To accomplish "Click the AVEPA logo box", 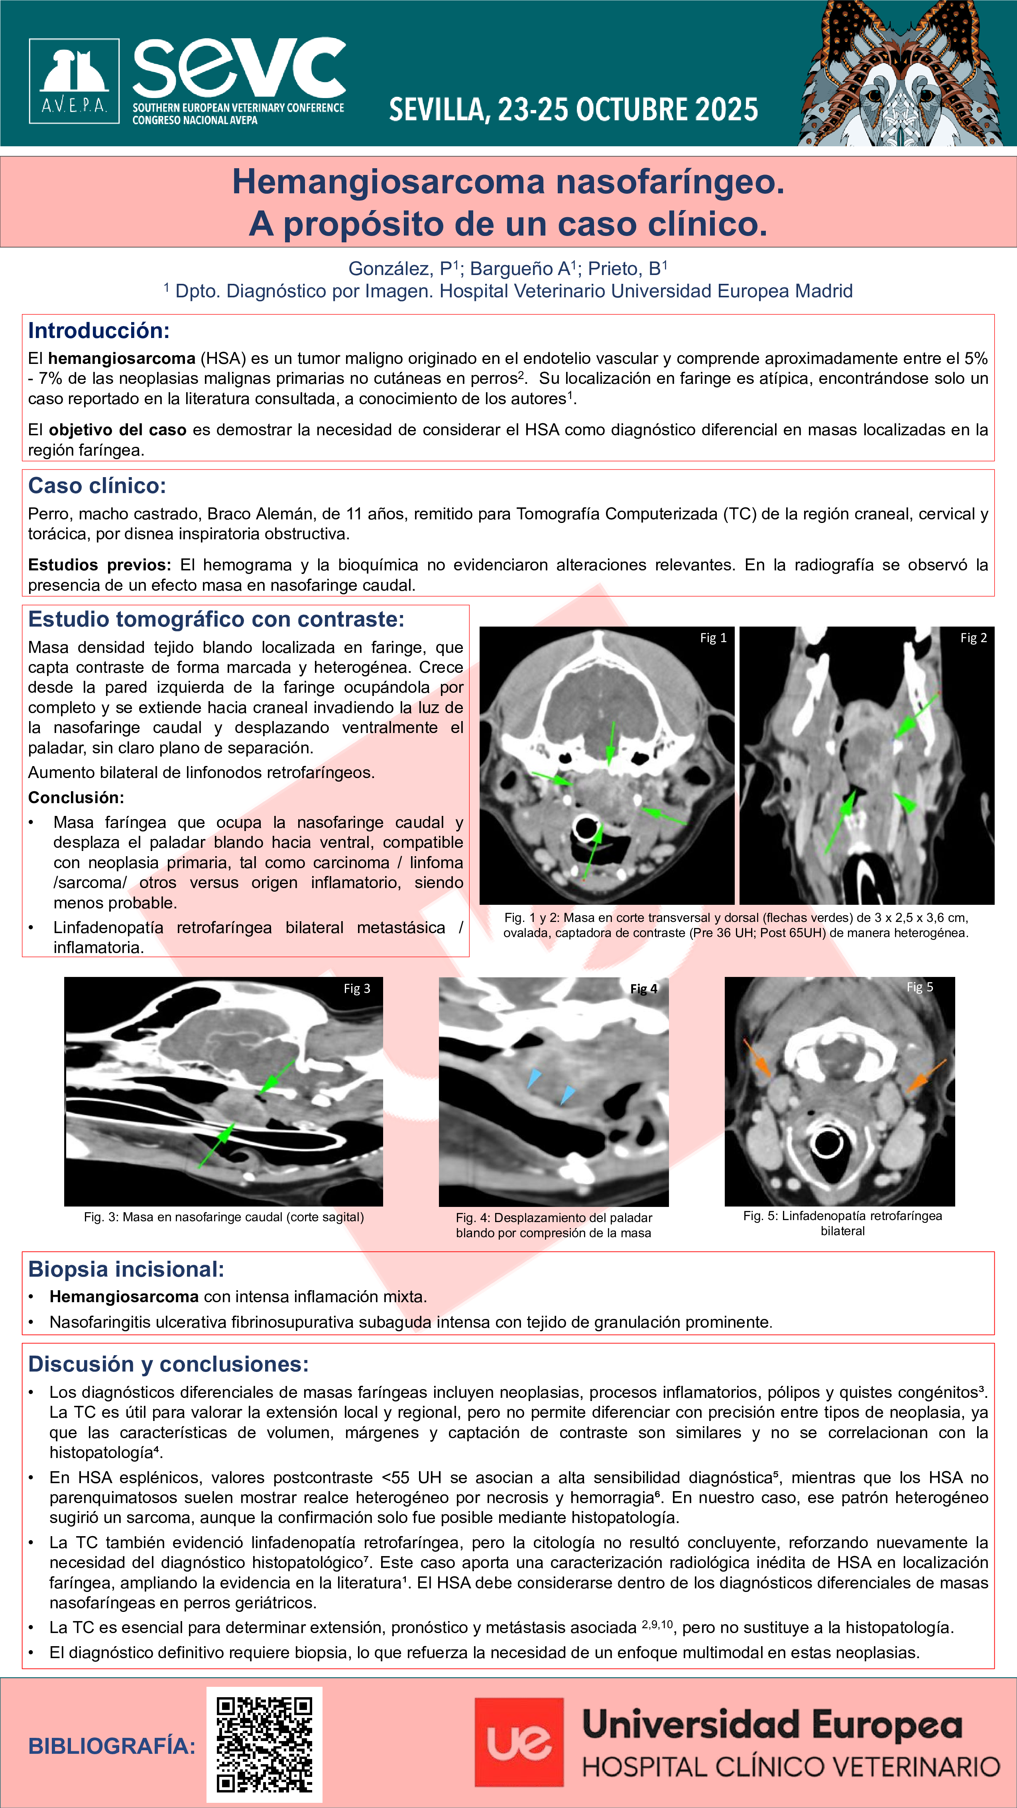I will pyautogui.click(x=74, y=81).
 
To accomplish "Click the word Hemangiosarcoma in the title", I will pyautogui.click(x=388, y=182).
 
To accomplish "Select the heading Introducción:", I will pyautogui.click(x=98, y=330).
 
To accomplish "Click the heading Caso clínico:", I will pyautogui.click(x=97, y=486).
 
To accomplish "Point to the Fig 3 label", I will pyautogui.click(x=356, y=988).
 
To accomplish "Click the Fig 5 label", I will pyautogui.click(x=919, y=987).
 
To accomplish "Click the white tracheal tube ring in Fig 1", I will pyautogui.click(x=585, y=828).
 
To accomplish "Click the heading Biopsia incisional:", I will pyautogui.click(x=126, y=1269).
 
